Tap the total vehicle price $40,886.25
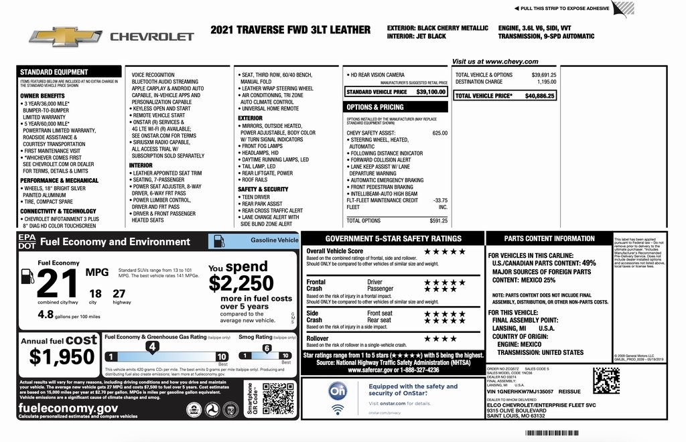coord(539,96)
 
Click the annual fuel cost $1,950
coord(62,357)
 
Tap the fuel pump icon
coord(27,276)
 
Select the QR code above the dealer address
coord(606,380)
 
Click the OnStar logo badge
coord(338,390)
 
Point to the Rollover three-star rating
coord(439,339)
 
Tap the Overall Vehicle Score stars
coord(444,251)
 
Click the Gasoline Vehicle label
coord(273,240)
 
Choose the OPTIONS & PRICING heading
coord(375,107)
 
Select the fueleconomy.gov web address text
coord(68,407)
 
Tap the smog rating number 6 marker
coord(266,348)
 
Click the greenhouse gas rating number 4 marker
coord(152,347)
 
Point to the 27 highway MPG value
coord(119,293)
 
